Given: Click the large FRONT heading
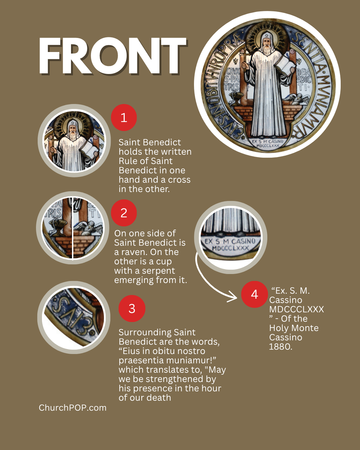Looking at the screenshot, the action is pos(113,56).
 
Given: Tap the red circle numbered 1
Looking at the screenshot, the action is pos(124,118).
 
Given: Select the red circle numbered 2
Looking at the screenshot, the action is pos(124,213).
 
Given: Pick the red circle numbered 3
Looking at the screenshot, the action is pos(132,308).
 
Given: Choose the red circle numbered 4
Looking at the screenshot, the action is pos(254,294).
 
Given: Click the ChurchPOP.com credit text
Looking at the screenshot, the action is pos(73,408).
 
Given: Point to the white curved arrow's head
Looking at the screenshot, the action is pos(233,297).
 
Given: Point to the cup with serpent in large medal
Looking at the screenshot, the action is pos(236,98).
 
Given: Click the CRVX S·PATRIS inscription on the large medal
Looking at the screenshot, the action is pos(232,79).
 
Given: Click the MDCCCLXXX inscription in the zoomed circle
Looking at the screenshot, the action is pos(231,248).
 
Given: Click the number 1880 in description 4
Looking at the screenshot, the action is pos(281,347).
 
